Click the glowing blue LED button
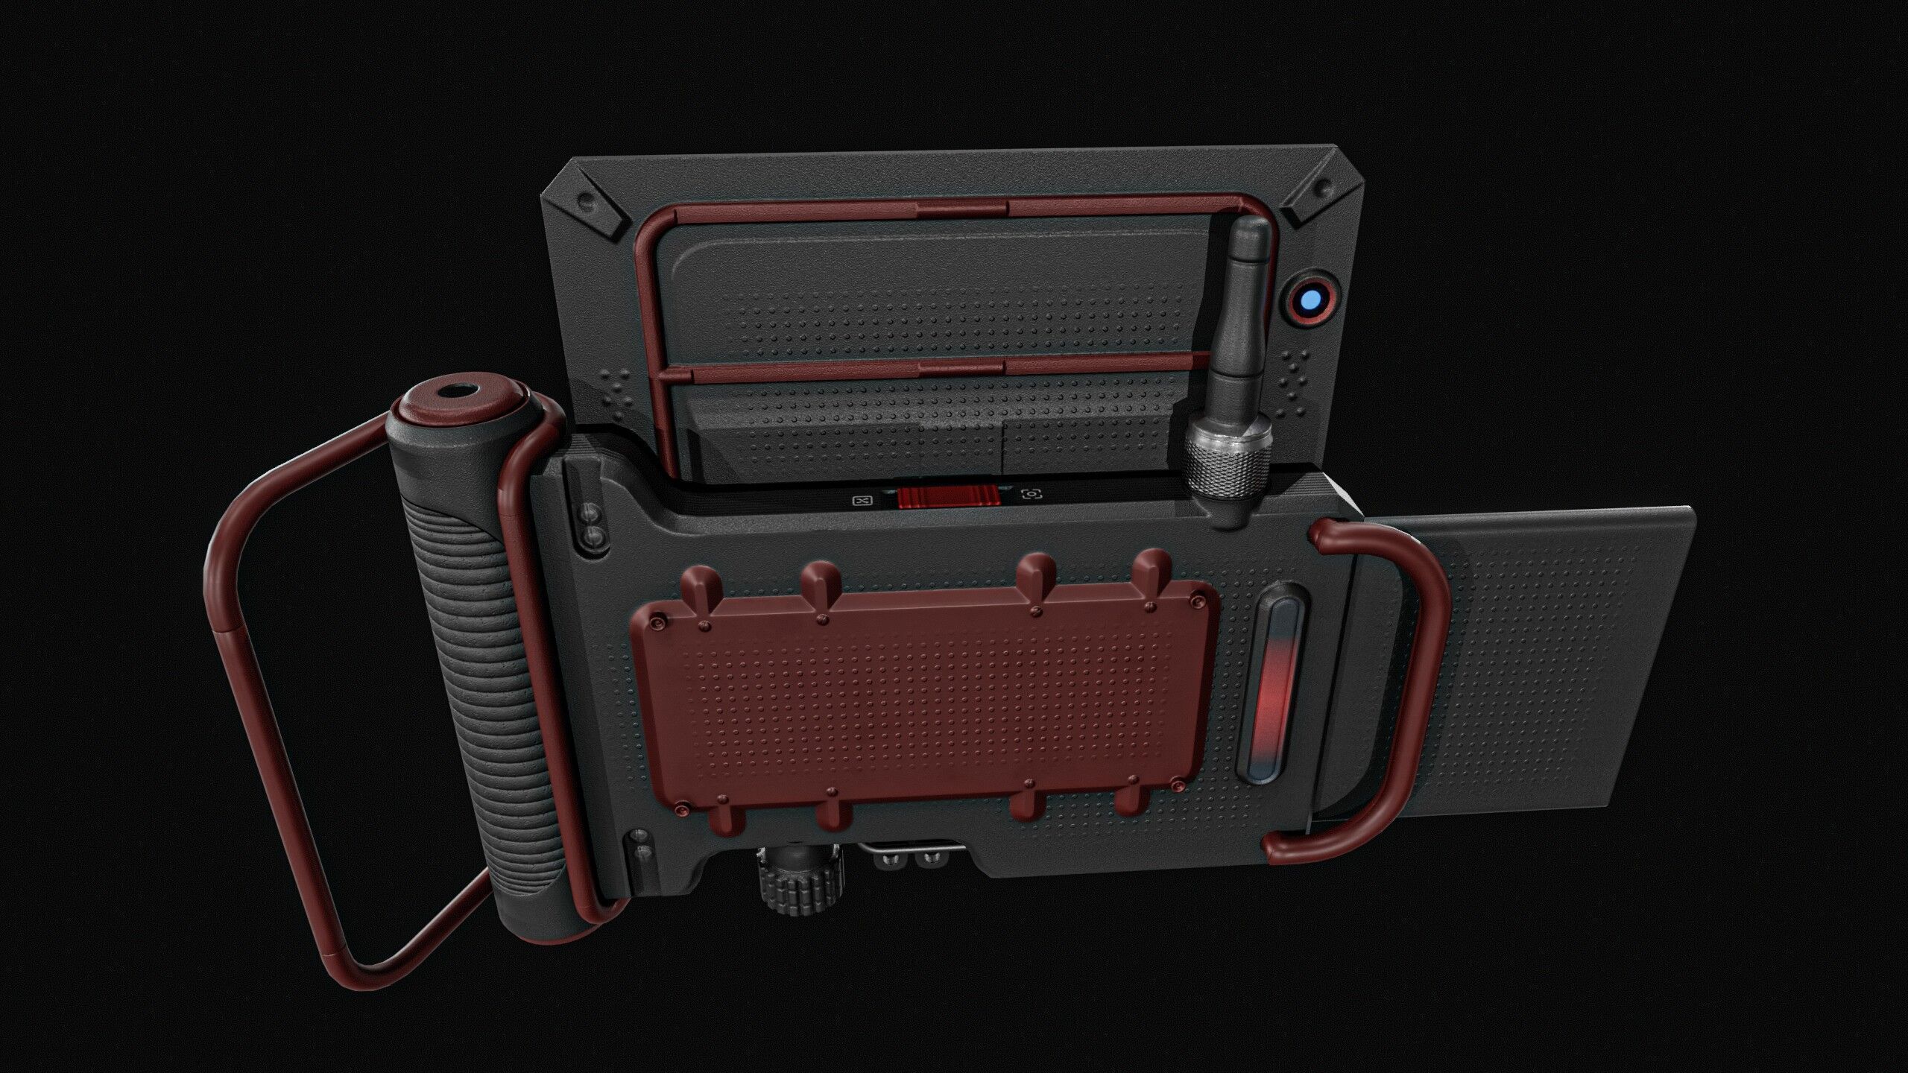coord(1310,302)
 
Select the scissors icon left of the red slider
coord(862,501)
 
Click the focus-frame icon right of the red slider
coord(1032,494)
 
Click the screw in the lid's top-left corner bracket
coord(587,201)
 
